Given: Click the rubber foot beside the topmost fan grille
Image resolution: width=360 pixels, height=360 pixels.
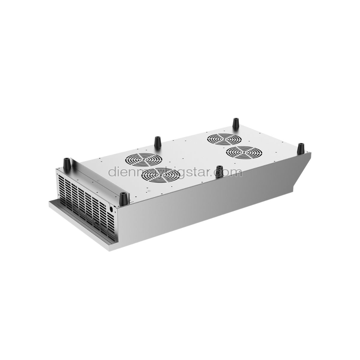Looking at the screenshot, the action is tap(236, 123).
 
